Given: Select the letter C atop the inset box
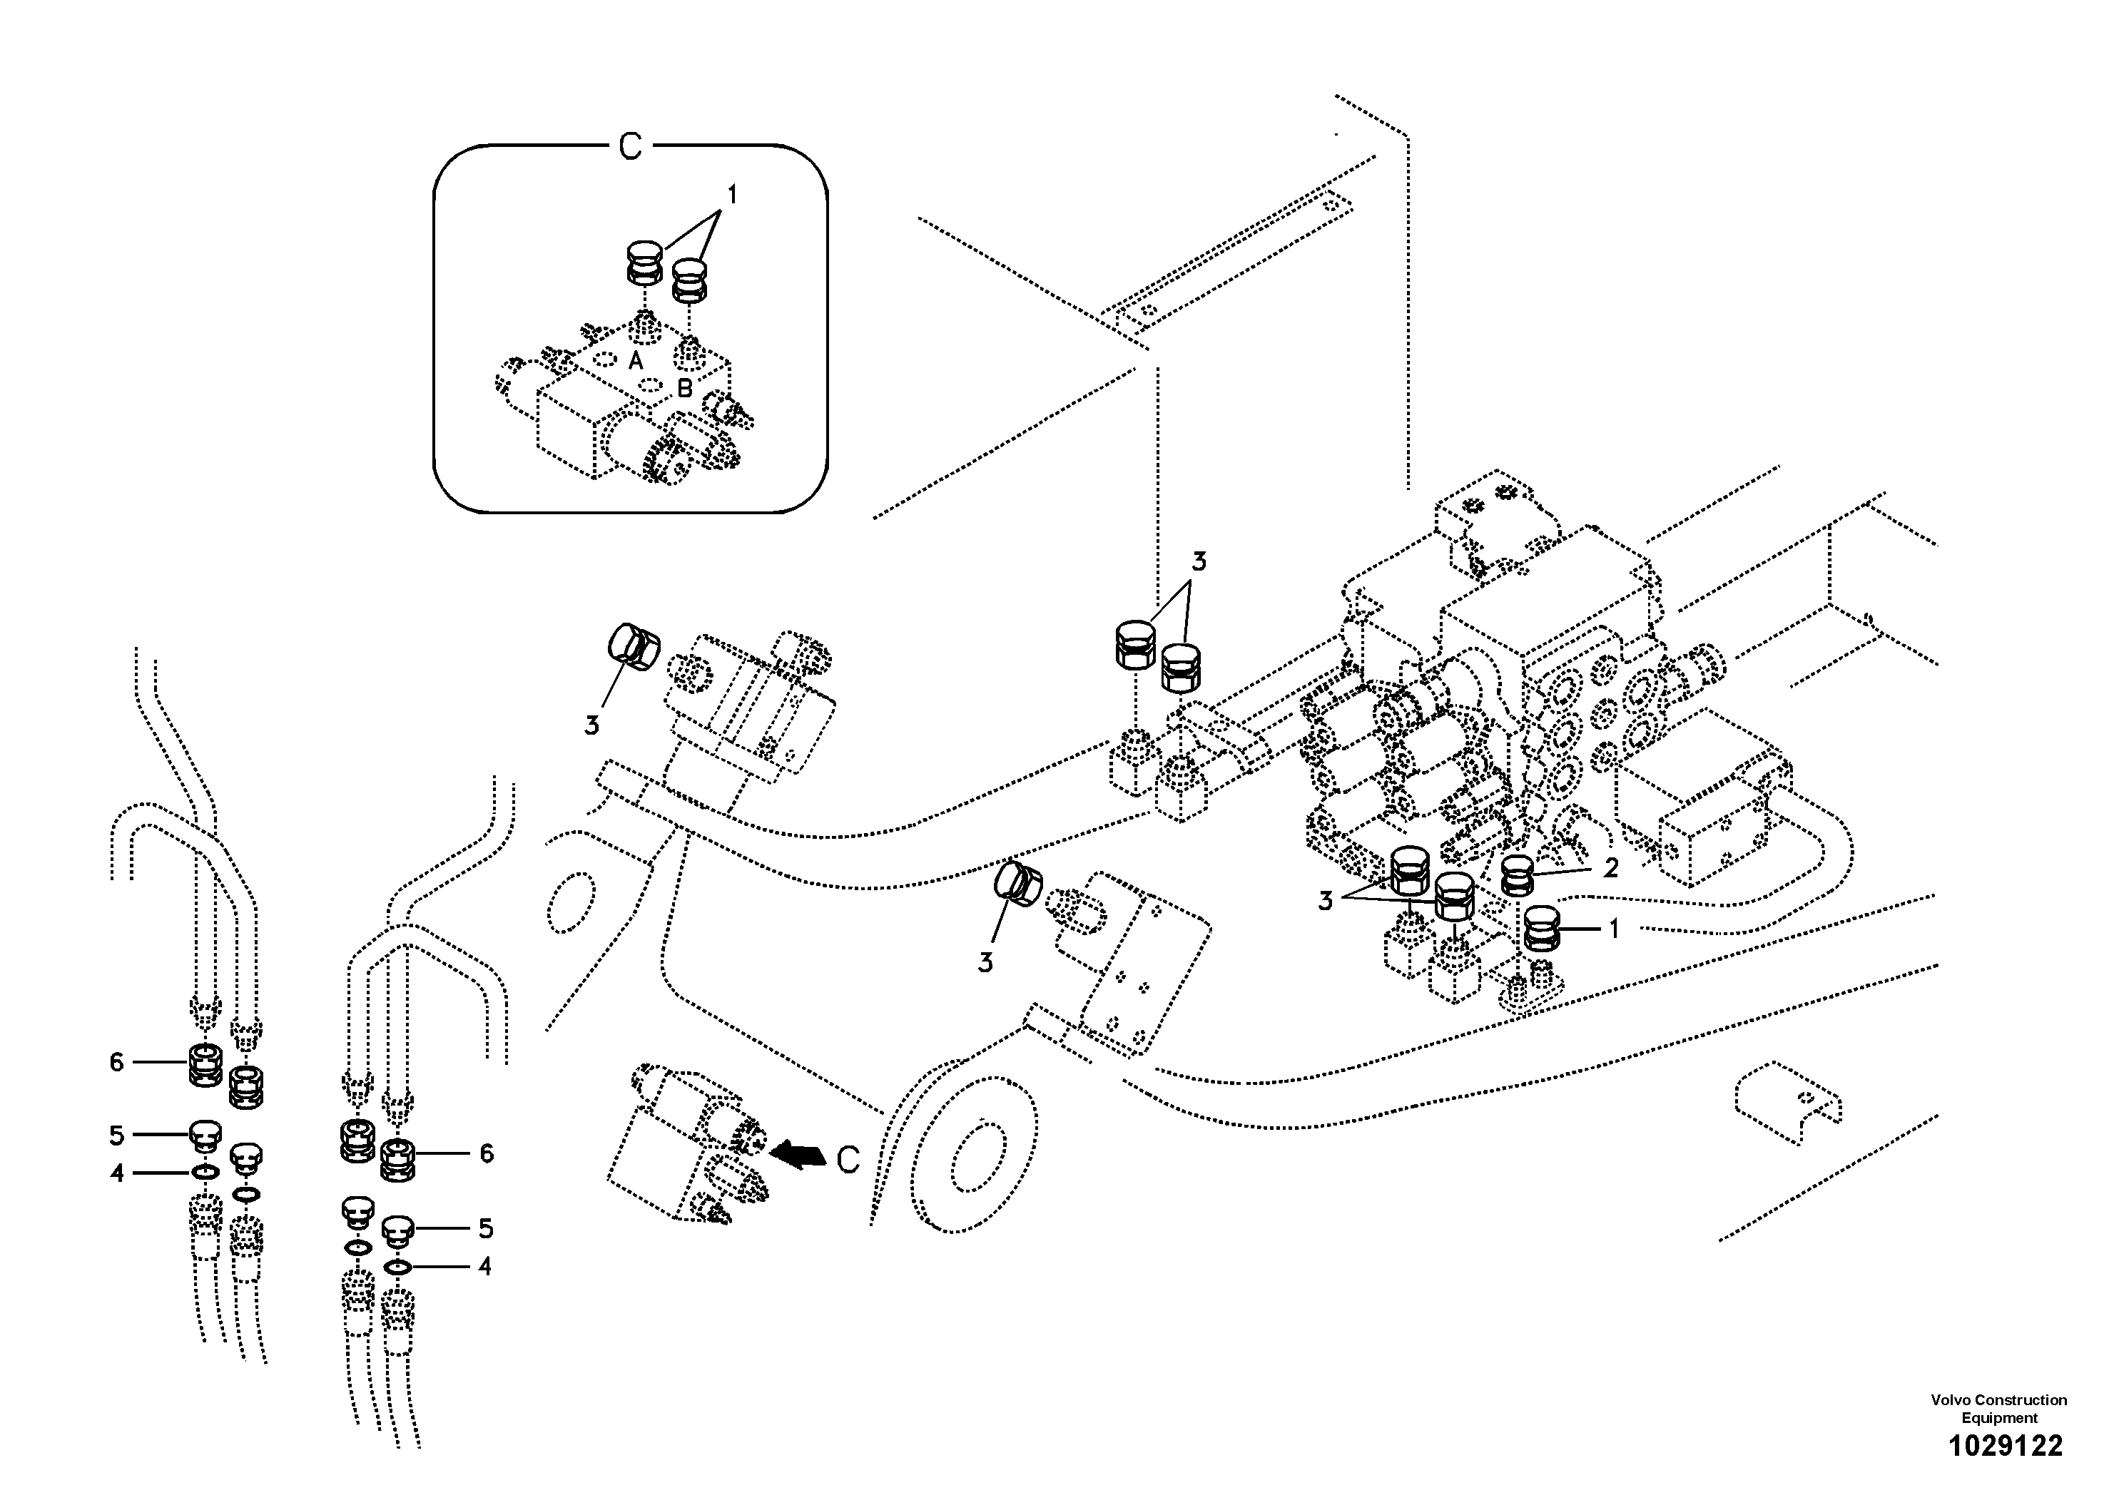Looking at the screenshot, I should pos(630,146).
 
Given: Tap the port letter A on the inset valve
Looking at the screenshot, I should pos(636,361).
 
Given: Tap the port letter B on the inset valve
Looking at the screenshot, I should pos(684,389).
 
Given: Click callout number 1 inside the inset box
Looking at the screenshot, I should pos(732,195).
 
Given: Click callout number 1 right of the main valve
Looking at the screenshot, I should pos(1615,929).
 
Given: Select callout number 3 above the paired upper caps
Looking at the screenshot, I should pos(1199,561).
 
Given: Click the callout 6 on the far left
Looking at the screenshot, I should pos(116,1063).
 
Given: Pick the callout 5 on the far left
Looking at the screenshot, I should pos(116,1135).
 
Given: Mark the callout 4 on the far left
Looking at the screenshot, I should pos(116,1173).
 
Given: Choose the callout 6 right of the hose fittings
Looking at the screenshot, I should pos(487,1153).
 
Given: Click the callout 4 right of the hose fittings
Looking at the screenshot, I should pos(484,1266).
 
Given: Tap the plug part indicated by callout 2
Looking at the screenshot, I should pos(1517,875).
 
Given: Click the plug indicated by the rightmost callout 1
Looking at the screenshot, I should pos(1541,929).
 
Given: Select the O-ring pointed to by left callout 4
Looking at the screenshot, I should pos(205,1173).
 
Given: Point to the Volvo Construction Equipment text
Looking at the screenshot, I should pos(1998,1409).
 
